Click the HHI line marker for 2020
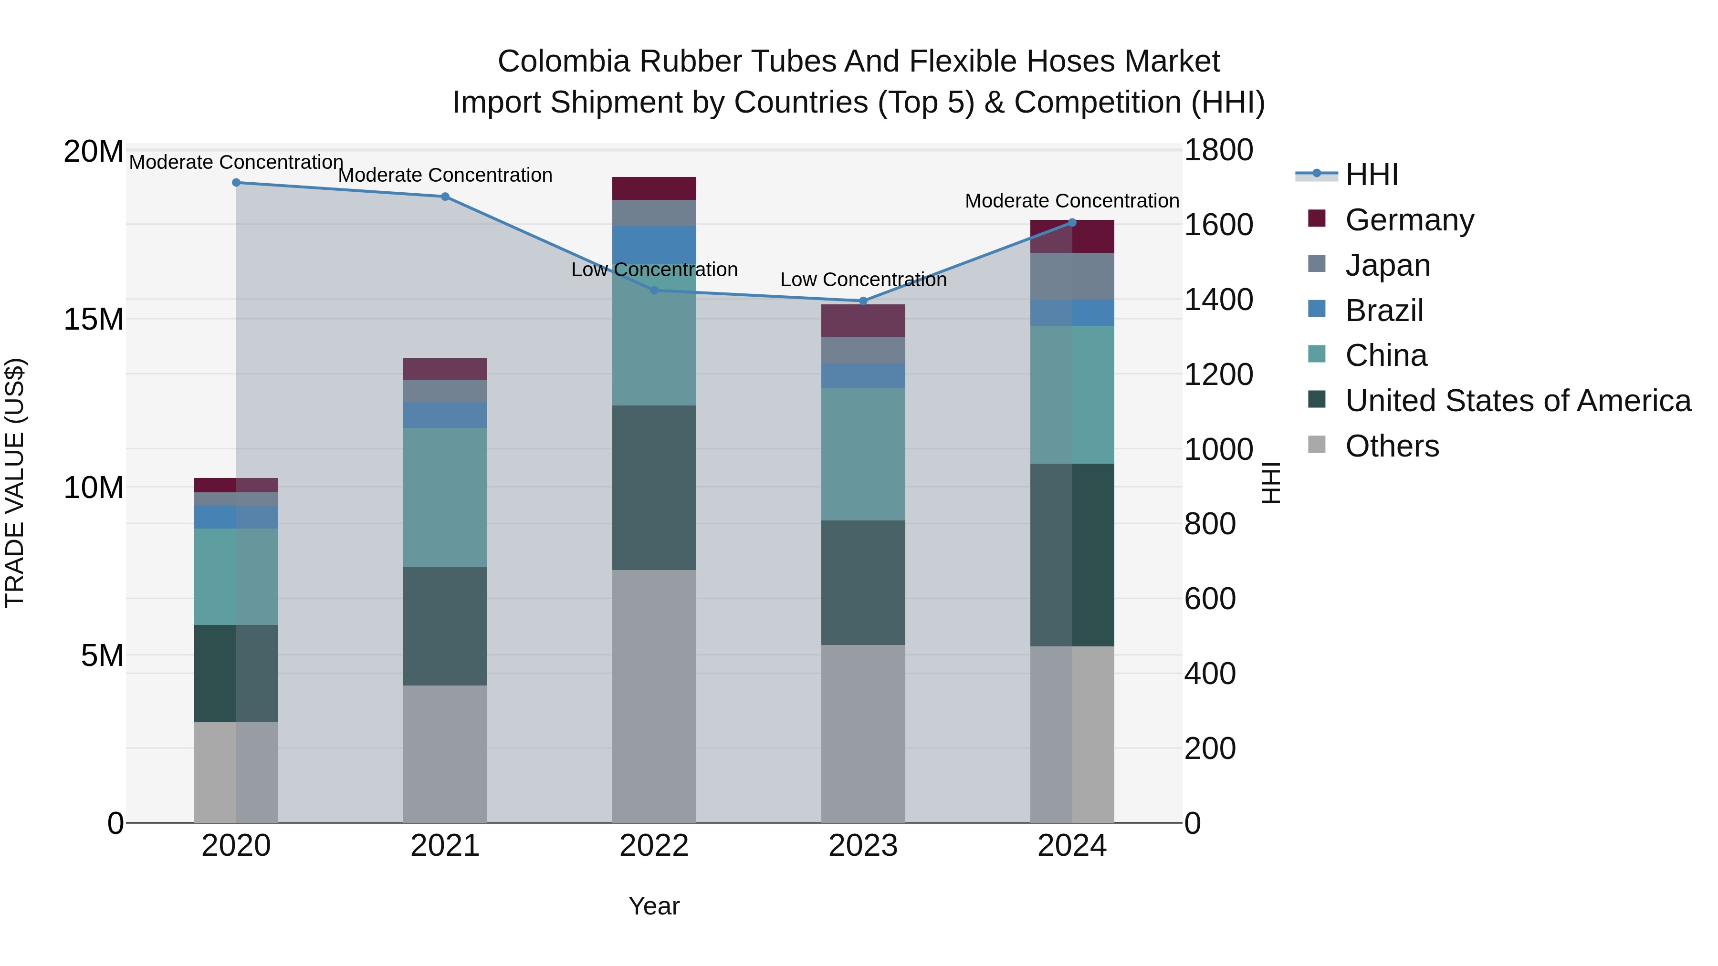[x=236, y=183]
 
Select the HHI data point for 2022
[x=654, y=291]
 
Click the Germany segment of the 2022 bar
[x=654, y=188]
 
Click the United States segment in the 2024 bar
[x=1072, y=555]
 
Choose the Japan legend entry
[x=1387, y=265]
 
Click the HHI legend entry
[x=1371, y=175]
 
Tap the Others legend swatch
[x=1317, y=445]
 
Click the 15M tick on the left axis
[x=94, y=319]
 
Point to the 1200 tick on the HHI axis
[x=1218, y=374]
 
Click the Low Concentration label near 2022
[x=654, y=270]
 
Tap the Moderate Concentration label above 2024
[x=1072, y=201]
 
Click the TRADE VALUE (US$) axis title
[x=15, y=483]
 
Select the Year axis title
[x=654, y=906]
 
